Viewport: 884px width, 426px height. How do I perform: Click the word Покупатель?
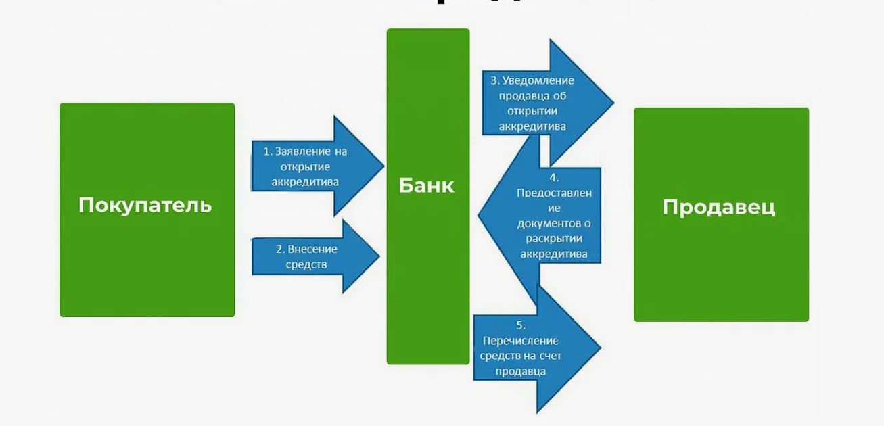click(145, 205)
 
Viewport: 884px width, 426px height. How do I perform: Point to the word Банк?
click(427, 185)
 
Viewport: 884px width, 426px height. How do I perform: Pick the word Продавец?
click(718, 206)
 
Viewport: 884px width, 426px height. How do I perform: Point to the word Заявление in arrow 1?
click(310, 151)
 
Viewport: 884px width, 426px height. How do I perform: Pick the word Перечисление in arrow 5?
click(521, 341)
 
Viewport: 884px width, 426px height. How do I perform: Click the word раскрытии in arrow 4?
click(553, 239)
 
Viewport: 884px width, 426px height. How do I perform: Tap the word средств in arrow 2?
click(306, 264)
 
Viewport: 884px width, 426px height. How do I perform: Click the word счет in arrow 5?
click(547, 356)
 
